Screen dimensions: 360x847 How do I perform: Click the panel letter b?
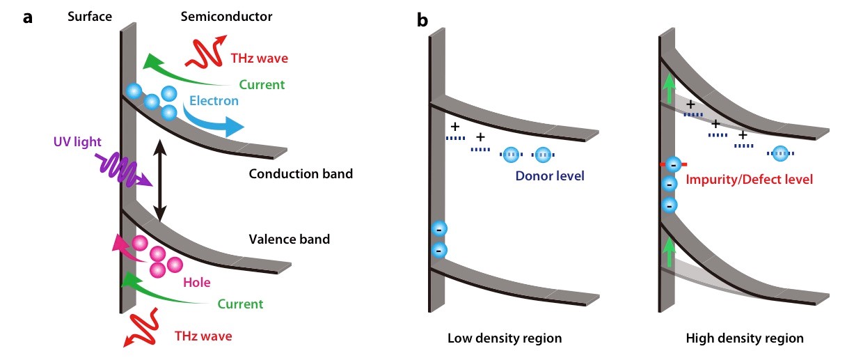[x=422, y=19]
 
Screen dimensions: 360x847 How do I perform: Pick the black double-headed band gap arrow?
[x=161, y=180]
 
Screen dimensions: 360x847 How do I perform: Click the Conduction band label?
[x=301, y=173]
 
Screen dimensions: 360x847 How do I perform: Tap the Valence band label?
[x=289, y=240]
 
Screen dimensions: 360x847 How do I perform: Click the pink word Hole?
[x=197, y=283]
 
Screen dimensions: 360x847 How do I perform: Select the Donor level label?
[x=550, y=175]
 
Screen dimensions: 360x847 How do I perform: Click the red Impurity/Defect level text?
[x=749, y=180]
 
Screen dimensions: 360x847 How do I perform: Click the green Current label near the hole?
[x=240, y=304]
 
